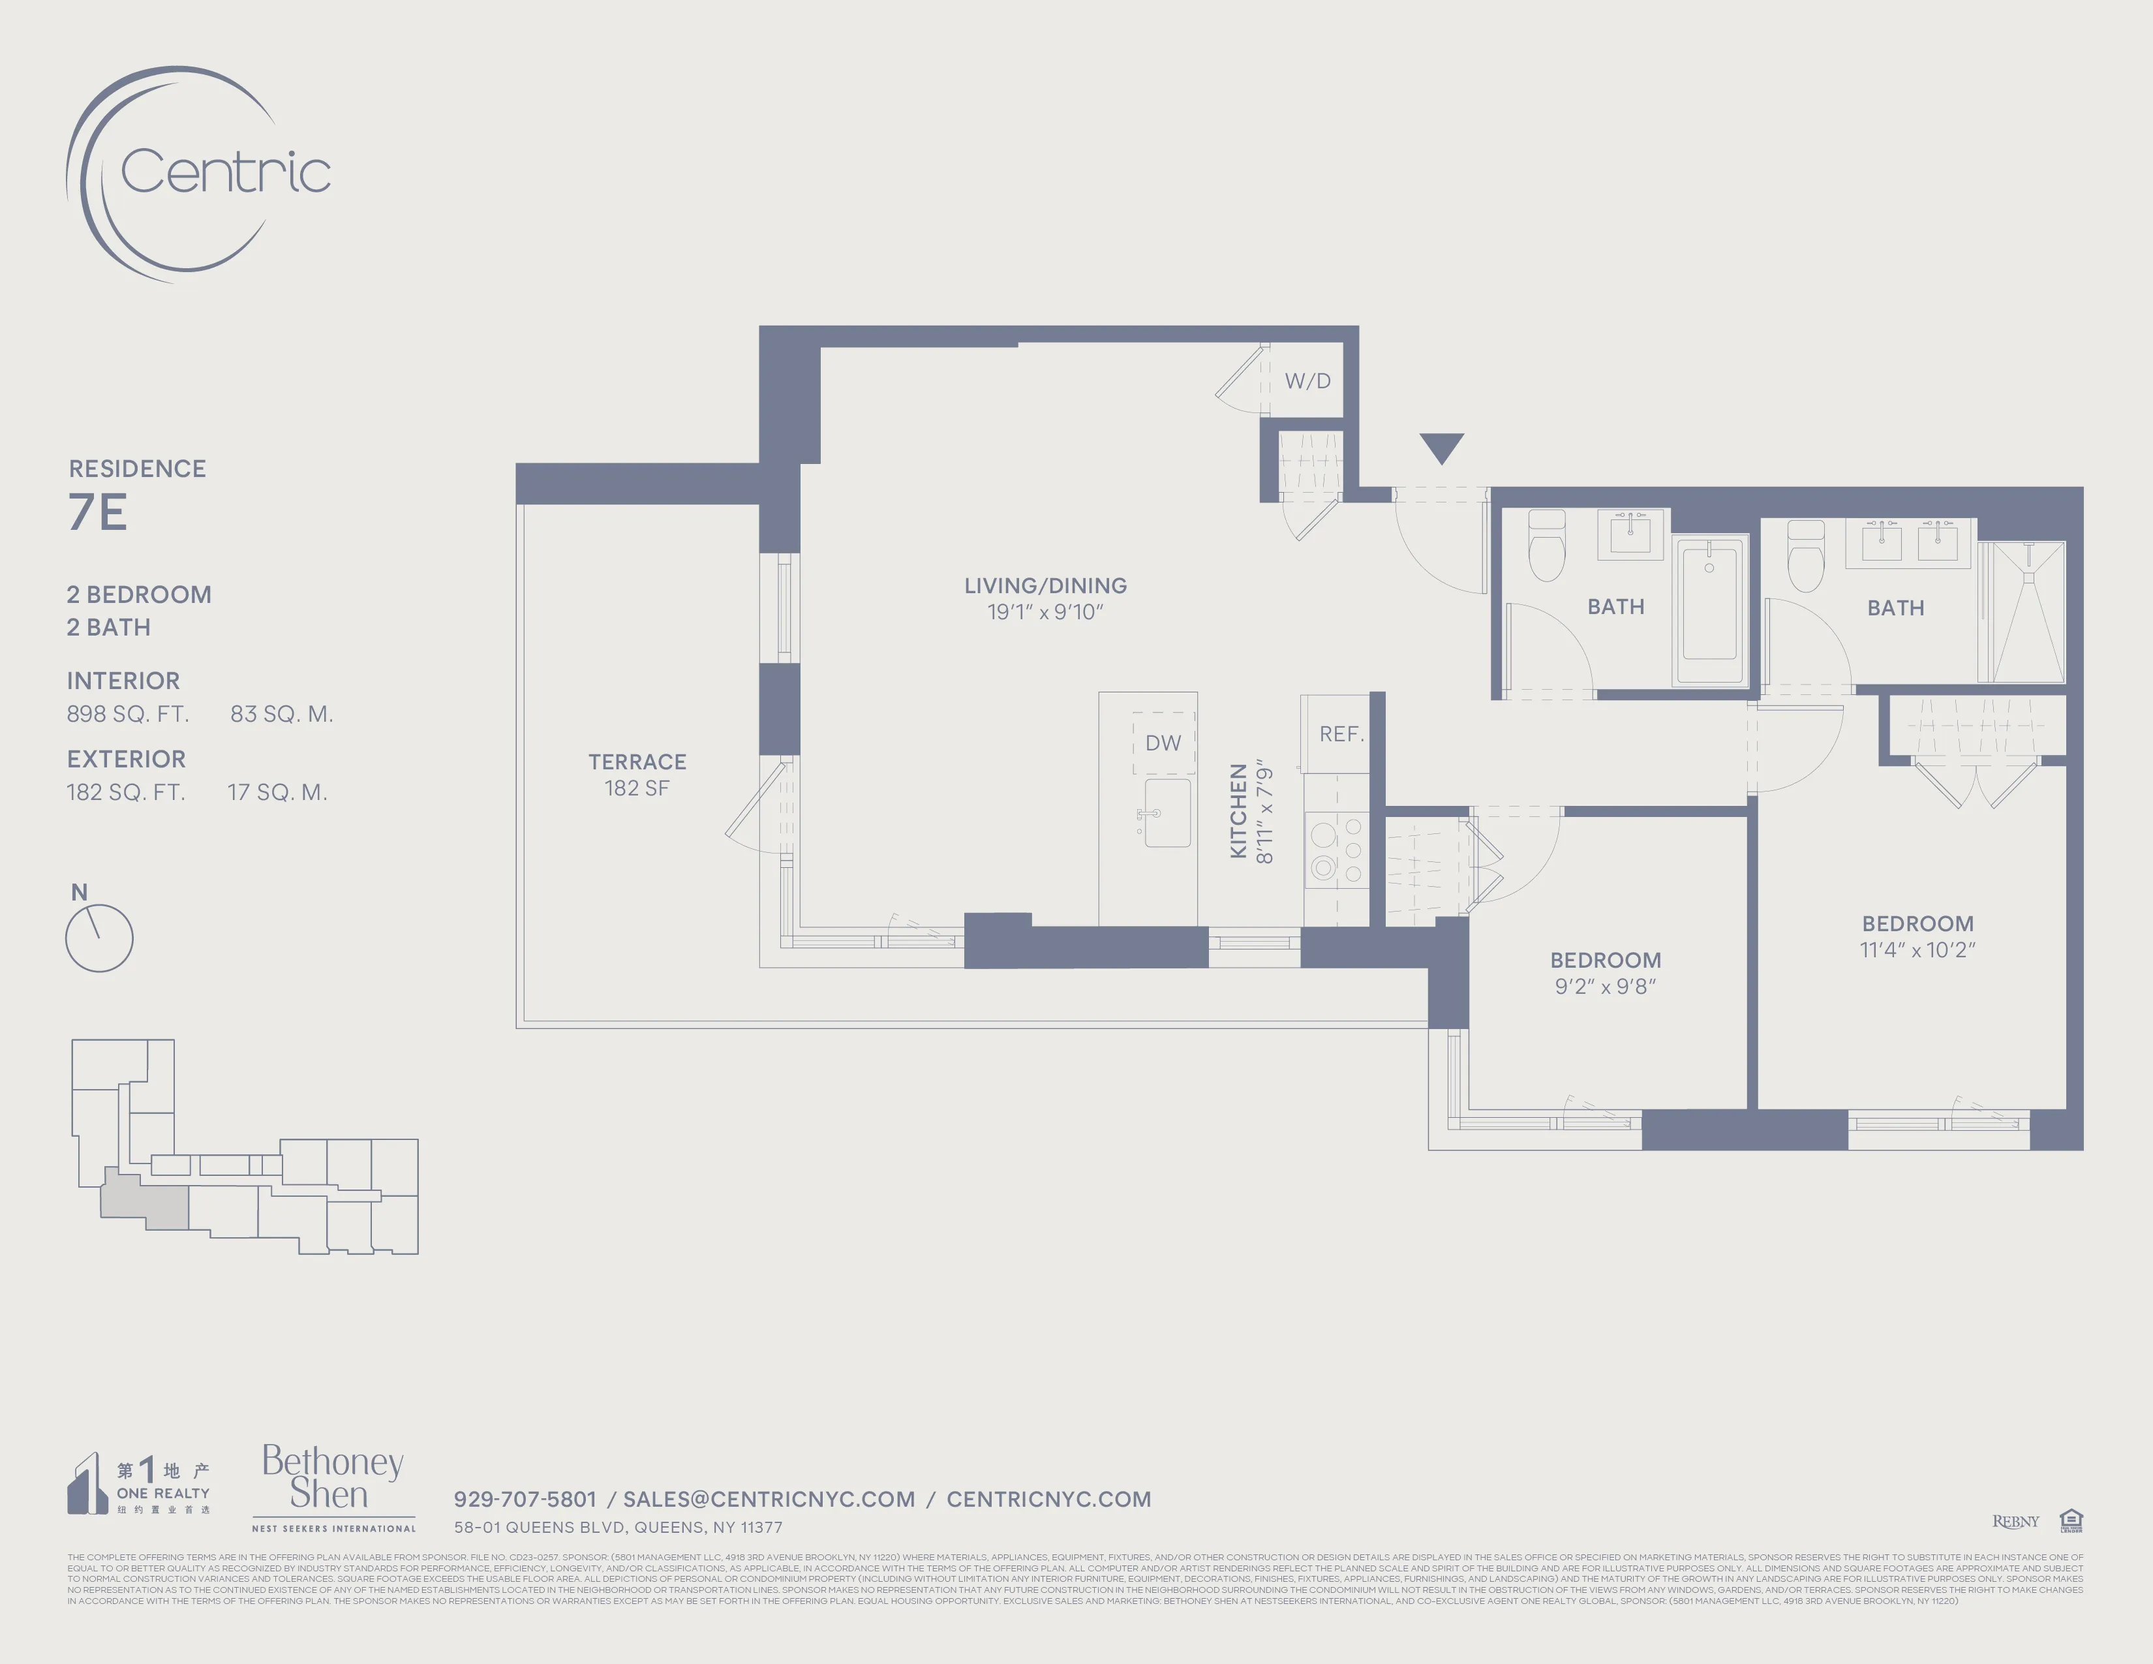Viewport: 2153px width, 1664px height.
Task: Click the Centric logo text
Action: click(x=225, y=172)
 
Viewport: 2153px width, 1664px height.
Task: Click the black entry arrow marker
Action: click(x=1441, y=448)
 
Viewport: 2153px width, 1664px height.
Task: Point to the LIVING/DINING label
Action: click(x=1045, y=585)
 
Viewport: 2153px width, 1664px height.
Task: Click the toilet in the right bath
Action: click(x=1806, y=557)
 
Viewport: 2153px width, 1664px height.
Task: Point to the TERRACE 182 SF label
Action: click(x=637, y=775)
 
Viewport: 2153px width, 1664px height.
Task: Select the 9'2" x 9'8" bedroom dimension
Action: click(x=1605, y=987)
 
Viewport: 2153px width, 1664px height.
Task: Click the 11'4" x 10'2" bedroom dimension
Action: click(x=1917, y=950)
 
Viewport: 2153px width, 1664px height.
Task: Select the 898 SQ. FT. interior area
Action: click(x=128, y=715)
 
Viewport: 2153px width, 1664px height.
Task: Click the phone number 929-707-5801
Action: click(x=525, y=1500)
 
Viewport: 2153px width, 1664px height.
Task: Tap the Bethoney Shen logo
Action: click(x=332, y=1479)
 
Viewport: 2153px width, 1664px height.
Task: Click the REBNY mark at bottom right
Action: click(x=2015, y=1522)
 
